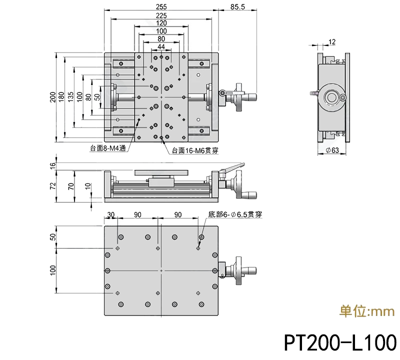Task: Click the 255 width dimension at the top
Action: click(x=161, y=7)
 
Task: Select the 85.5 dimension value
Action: click(x=238, y=7)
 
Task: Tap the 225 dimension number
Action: click(x=161, y=15)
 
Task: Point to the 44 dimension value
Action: click(x=161, y=46)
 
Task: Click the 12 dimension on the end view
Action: click(x=332, y=42)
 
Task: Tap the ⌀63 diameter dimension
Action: click(x=332, y=150)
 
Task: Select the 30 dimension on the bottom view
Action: click(x=110, y=214)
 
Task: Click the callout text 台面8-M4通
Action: click(x=108, y=148)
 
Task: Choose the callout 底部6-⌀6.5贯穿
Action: click(x=234, y=214)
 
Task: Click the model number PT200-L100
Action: click(x=340, y=343)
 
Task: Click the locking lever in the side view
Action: click(x=232, y=168)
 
